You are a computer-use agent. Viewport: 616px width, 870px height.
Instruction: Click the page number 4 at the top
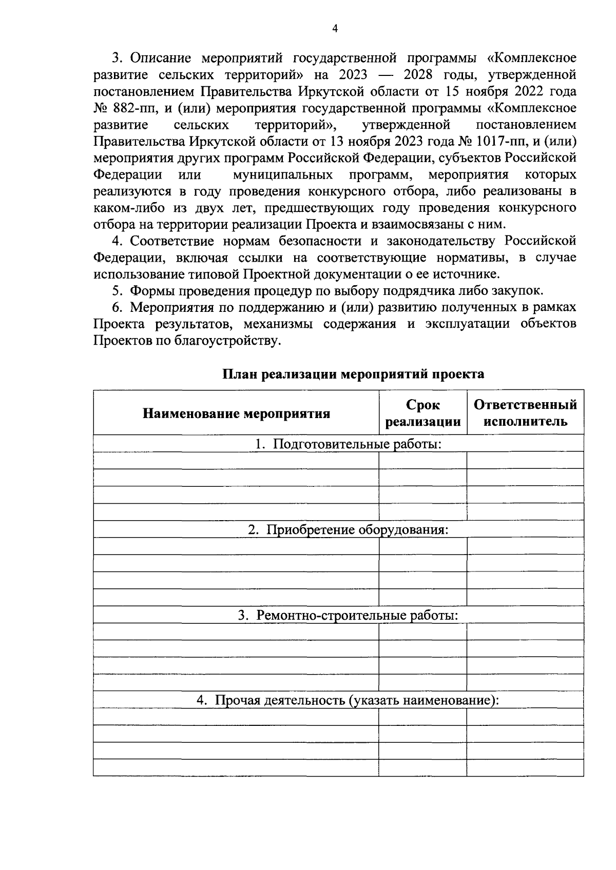pos(335,29)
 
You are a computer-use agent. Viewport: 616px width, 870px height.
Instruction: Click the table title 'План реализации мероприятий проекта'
pos(353,374)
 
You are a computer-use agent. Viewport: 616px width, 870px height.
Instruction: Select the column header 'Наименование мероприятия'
pos(236,413)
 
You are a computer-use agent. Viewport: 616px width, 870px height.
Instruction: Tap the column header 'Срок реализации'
pos(422,413)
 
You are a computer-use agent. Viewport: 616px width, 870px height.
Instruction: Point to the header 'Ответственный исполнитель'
pos(525,413)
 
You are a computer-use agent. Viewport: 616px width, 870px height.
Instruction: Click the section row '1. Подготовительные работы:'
pos(349,444)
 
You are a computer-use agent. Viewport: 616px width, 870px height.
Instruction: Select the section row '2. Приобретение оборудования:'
pos(349,529)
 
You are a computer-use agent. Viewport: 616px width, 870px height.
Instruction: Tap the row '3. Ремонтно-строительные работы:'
pos(349,615)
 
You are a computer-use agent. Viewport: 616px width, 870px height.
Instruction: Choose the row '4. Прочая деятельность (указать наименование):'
pos(349,700)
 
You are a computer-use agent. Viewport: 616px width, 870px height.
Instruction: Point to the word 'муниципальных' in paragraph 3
pos(283,175)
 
